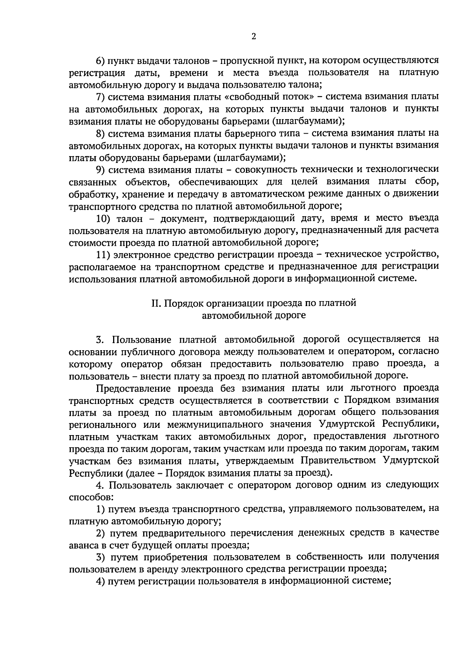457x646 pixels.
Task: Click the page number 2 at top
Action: tap(254, 37)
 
